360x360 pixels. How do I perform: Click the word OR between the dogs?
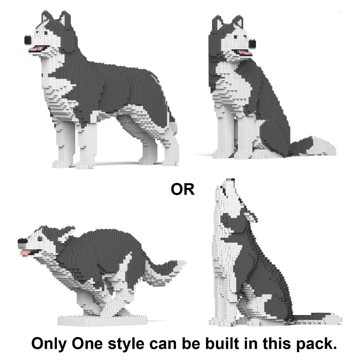point(183,189)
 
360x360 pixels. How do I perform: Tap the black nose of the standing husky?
point(28,40)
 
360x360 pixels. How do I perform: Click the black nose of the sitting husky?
point(252,44)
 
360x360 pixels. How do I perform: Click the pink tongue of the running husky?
point(24,253)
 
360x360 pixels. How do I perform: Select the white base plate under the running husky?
point(102,320)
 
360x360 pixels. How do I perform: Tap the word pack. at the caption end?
point(316,345)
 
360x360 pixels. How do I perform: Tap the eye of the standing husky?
point(46,33)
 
